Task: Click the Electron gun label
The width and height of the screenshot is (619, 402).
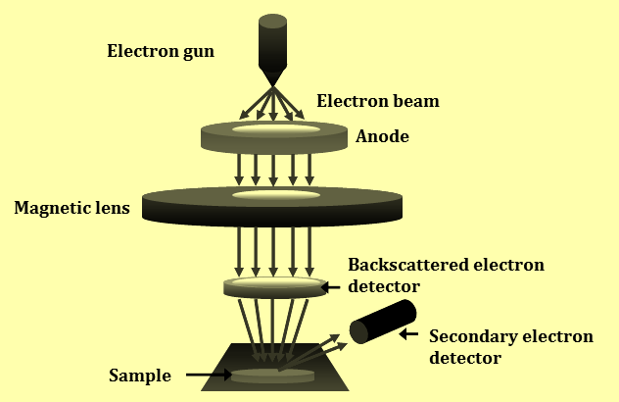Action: tap(161, 52)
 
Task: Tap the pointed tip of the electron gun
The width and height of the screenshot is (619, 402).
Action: tap(272, 85)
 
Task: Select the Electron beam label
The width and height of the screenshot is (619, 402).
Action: tap(378, 101)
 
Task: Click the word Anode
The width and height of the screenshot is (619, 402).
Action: tap(382, 136)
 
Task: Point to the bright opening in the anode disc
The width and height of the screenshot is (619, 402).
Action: tap(276, 129)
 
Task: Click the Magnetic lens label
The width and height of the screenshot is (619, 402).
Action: tap(71, 208)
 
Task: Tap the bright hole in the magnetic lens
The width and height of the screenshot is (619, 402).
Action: tap(276, 194)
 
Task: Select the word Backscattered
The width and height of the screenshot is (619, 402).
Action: tap(407, 265)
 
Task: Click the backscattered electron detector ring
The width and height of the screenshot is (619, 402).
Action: tap(275, 287)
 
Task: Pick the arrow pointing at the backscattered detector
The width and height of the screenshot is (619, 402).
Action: tap(331, 287)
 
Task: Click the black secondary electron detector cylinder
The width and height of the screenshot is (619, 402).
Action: tap(383, 322)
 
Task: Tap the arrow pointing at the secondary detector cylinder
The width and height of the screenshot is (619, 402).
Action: tap(408, 334)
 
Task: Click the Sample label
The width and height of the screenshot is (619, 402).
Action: tap(140, 376)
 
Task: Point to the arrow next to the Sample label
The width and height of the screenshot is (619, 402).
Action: tap(209, 375)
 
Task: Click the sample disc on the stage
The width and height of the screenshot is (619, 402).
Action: tap(272, 376)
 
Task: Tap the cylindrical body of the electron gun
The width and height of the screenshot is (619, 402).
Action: tap(272, 43)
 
